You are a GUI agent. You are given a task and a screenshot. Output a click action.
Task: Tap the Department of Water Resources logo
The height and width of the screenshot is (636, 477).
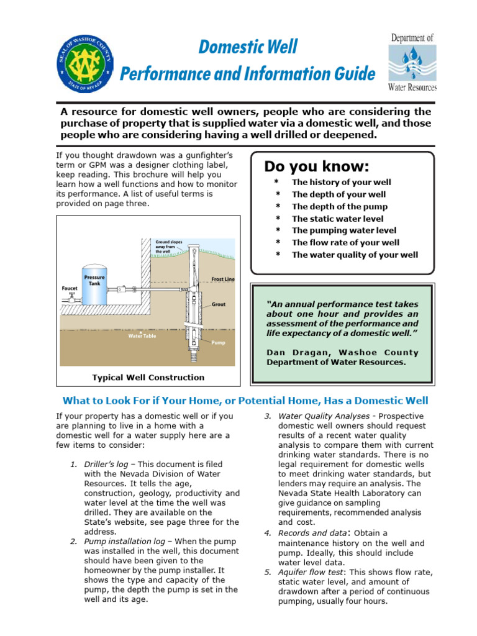pyautogui.click(x=412, y=63)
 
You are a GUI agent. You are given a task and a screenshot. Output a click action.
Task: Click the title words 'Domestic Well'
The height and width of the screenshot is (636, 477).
pyautogui.click(x=248, y=47)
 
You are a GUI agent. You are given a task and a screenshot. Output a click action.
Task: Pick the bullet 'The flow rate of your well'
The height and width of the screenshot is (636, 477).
pyautogui.click(x=345, y=243)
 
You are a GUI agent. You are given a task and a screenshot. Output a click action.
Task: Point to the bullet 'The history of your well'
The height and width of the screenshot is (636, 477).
pyautogui.click(x=342, y=183)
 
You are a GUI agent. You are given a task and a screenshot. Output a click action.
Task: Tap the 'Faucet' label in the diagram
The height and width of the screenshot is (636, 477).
pyautogui.click(x=70, y=288)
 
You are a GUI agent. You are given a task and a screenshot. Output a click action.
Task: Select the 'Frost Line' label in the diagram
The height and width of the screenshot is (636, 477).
pyautogui.click(x=223, y=279)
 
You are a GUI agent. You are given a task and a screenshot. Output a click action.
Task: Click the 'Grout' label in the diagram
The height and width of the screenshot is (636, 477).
pyautogui.click(x=219, y=305)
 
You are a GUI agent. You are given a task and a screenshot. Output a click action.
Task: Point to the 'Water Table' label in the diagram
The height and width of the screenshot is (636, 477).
pyautogui.click(x=142, y=336)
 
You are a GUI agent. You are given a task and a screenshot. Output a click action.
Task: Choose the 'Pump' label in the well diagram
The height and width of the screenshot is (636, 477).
pyautogui.click(x=218, y=342)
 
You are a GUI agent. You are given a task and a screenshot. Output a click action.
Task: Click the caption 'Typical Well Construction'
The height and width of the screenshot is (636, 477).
pyautogui.click(x=148, y=378)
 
